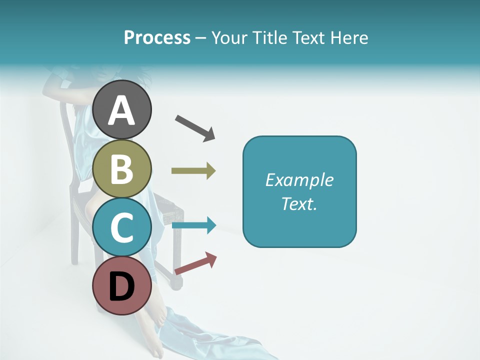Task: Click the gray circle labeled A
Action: click(x=122, y=109)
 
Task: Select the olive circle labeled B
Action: click(x=122, y=168)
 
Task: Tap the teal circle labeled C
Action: click(x=122, y=227)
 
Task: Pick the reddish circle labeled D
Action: click(x=122, y=285)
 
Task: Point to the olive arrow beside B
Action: click(x=193, y=171)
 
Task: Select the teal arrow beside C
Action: click(x=193, y=225)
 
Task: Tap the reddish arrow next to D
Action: click(x=195, y=263)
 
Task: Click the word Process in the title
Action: click(x=157, y=37)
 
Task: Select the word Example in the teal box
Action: click(x=299, y=180)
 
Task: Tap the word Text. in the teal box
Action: click(x=299, y=203)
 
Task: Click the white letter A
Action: click(x=122, y=110)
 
